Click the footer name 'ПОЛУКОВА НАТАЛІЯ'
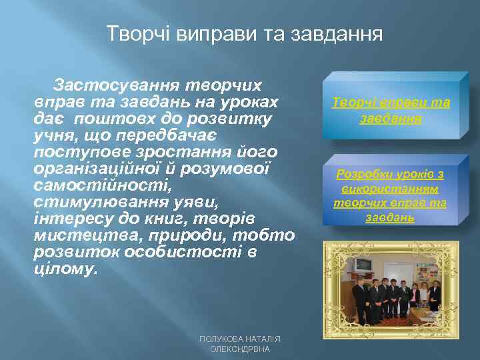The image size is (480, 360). pos(240,339)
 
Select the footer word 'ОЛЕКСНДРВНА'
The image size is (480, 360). pos(240,349)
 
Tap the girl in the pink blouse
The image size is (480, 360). pos(414,293)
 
